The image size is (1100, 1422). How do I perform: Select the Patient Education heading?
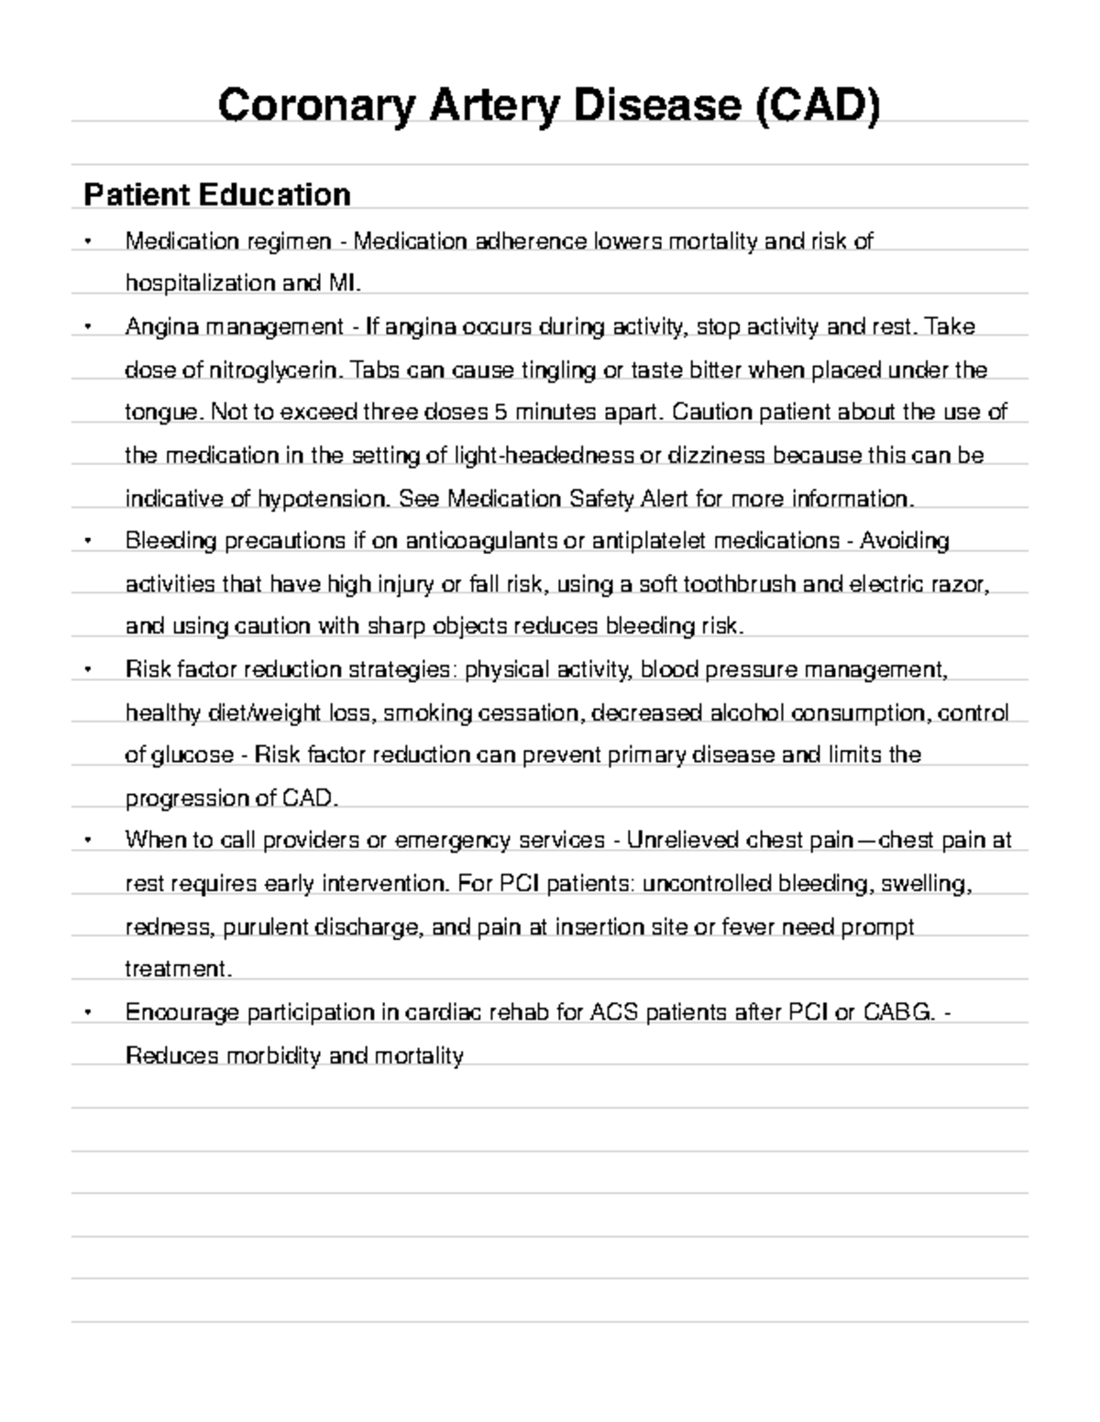(x=217, y=194)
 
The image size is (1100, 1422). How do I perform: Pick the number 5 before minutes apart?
(x=500, y=413)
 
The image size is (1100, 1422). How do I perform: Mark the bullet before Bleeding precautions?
(x=88, y=541)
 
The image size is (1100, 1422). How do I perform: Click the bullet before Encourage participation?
(x=88, y=1012)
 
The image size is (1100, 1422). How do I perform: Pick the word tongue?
(x=159, y=413)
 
